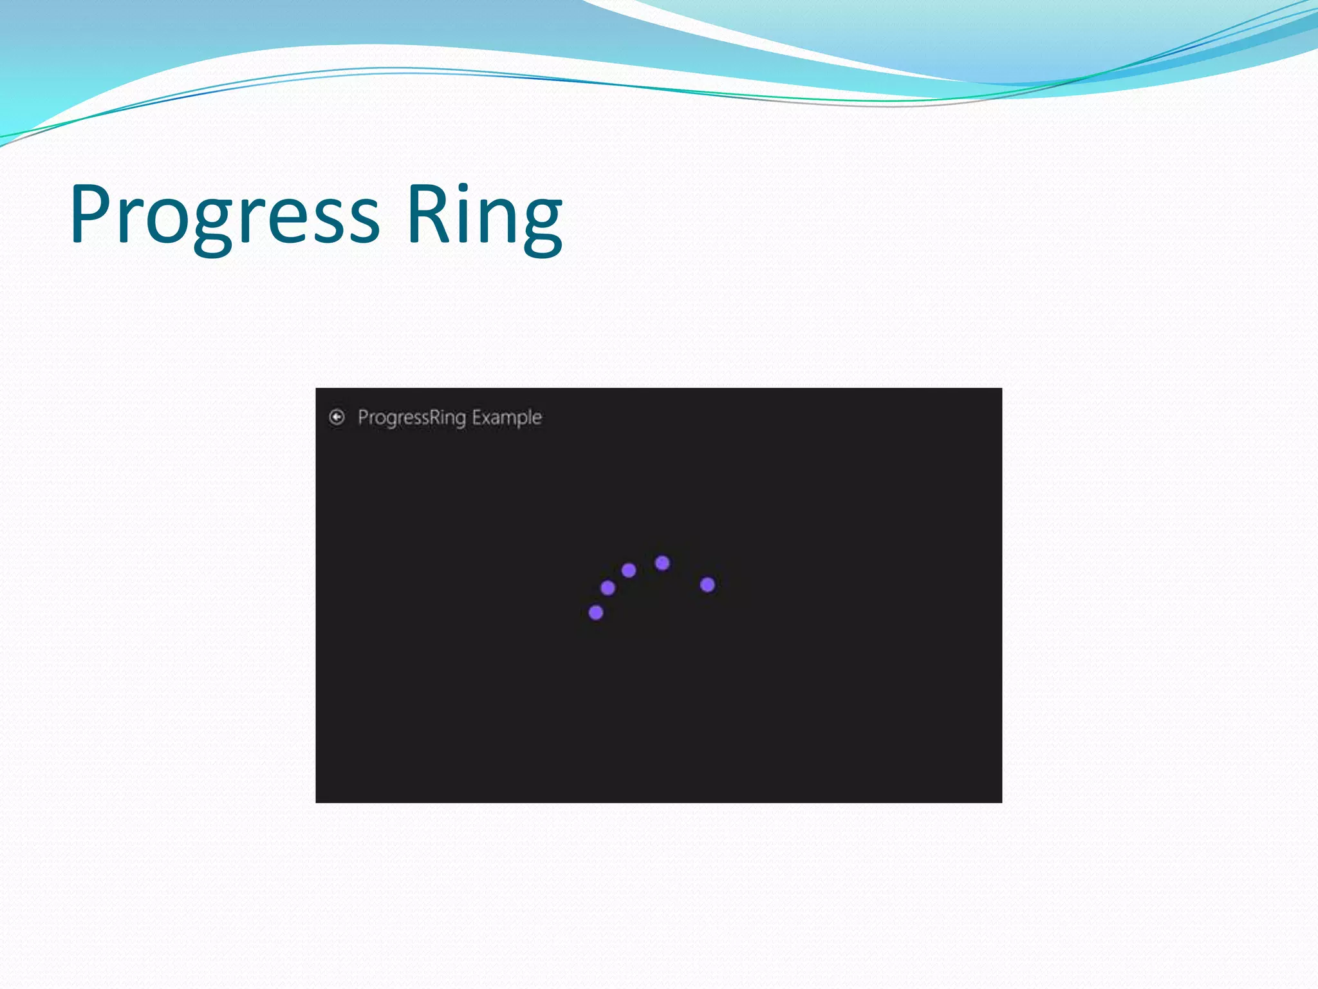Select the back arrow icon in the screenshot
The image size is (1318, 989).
tap(337, 417)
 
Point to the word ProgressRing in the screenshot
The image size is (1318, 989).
tap(412, 418)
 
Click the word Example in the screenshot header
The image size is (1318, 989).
tap(506, 418)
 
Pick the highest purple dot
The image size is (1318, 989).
tap(662, 563)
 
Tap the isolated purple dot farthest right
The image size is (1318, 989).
tap(707, 585)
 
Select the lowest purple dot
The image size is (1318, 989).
tap(596, 612)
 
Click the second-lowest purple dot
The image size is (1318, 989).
tap(608, 587)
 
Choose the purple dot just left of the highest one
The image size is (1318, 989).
tap(629, 570)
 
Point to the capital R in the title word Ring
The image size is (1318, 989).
tap(425, 214)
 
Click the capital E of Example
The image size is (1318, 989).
tap(477, 417)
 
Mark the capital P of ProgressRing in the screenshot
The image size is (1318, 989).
tap(363, 417)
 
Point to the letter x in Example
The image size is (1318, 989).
tap(488, 419)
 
